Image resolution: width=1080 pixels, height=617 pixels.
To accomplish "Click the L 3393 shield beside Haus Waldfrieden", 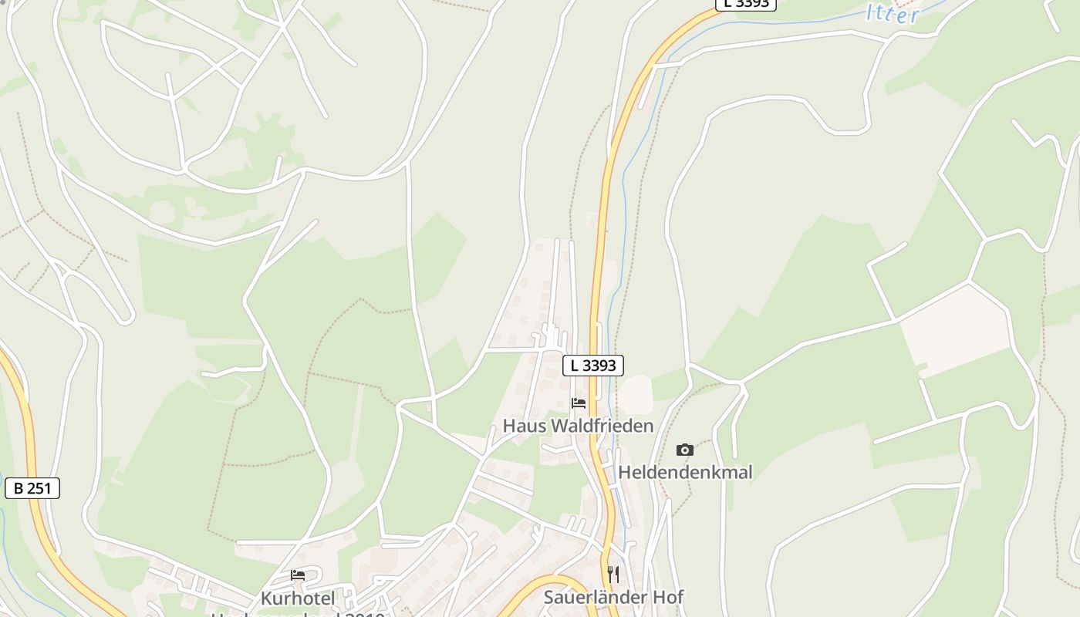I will pyautogui.click(x=593, y=366).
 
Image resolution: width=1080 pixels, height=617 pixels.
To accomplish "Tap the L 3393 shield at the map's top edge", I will pyautogui.click(x=745, y=3).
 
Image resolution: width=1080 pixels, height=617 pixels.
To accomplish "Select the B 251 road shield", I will pyautogui.click(x=32, y=487).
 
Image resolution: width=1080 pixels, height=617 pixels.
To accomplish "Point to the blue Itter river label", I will pyautogui.click(x=893, y=13).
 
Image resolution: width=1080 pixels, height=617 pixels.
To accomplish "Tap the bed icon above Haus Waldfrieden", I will pyautogui.click(x=578, y=403).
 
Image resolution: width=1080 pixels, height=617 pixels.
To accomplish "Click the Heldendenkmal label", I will pyautogui.click(x=685, y=472).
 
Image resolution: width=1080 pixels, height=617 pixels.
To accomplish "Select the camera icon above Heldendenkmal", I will pyautogui.click(x=684, y=450).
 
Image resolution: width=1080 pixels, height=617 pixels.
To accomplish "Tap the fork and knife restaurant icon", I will pyautogui.click(x=613, y=575).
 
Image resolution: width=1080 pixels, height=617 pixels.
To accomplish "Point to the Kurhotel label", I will pyautogui.click(x=298, y=598).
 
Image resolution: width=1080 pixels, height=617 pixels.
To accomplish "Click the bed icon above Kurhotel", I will pyautogui.click(x=298, y=575).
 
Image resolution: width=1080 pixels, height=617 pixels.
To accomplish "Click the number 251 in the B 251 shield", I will pyautogui.click(x=40, y=487).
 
